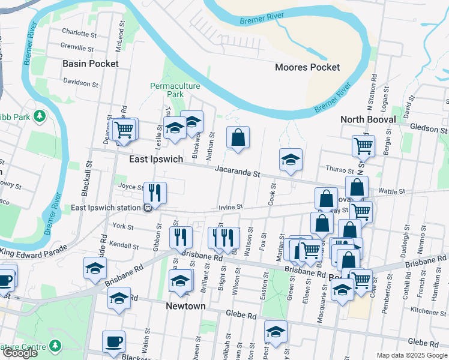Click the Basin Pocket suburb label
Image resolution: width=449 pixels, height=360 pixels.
[91, 63]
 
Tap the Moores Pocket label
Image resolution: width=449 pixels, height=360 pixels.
[307, 67]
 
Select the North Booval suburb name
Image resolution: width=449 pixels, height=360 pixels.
[368, 119]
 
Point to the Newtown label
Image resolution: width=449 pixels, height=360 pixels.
[185, 306]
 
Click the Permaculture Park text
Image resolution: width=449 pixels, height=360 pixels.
[175, 90]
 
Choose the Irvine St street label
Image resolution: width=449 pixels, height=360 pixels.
[230, 206]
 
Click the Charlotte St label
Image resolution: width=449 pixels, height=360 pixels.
[79, 34]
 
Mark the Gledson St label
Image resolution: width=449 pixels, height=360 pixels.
[429, 128]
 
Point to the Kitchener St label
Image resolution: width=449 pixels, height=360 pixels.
[429, 311]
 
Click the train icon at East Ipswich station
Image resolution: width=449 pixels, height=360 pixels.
[146, 208]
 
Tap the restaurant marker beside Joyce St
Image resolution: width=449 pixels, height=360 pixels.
[155, 193]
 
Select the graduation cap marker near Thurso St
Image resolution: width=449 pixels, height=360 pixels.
[291, 160]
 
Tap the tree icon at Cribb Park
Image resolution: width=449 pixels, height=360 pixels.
[40, 115]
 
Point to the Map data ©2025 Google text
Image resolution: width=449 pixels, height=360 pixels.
[412, 355]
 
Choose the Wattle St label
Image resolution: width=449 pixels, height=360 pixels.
[393, 191]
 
